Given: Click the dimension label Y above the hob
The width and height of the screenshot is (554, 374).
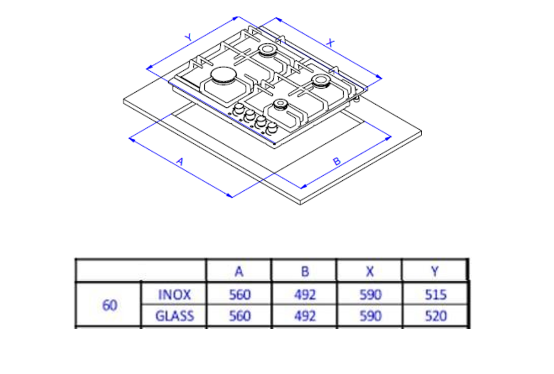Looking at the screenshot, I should point(189,37).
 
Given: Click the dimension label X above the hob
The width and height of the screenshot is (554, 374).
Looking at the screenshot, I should point(330,42).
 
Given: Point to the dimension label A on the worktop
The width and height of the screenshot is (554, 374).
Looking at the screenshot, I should point(180,161).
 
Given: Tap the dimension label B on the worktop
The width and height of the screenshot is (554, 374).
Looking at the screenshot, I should point(337,161).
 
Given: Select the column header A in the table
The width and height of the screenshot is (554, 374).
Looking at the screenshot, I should point(239,271).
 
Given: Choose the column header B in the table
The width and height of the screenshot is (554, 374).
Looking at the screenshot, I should point(305,271).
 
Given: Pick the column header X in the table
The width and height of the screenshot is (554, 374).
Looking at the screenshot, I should point(369,271).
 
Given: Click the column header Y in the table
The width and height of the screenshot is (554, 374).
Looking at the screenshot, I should point(435,271).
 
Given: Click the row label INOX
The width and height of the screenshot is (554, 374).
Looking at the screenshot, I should point(174,295).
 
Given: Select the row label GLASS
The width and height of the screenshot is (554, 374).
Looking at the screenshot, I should point(175,316).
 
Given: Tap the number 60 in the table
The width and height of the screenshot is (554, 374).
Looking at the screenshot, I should point(109,305).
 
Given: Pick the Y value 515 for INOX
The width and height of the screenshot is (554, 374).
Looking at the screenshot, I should point(436,295).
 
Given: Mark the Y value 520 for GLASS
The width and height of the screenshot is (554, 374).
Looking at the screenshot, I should point(436,316).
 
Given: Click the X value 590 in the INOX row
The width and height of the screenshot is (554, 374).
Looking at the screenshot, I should point(370,295).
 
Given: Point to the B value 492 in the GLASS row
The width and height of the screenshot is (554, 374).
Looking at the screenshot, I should point(305,316).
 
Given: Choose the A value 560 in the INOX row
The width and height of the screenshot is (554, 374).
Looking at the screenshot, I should point(240,295).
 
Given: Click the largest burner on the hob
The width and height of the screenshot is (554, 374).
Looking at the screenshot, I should point(223,76).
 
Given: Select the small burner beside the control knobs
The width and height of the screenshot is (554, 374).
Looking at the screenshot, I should point(280,105).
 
